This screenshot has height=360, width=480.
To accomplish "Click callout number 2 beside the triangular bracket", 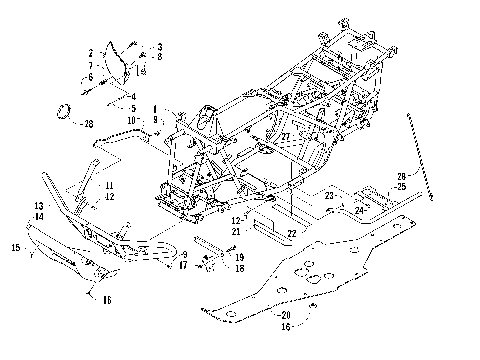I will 91,52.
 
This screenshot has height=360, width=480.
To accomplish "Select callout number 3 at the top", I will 158,47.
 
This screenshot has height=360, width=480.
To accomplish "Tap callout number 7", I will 91,64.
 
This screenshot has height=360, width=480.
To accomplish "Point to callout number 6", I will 91,76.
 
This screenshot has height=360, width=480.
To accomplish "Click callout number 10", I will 132,121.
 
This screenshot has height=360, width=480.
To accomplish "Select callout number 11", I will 137,186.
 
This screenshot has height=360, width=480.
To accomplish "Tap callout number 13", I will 39,205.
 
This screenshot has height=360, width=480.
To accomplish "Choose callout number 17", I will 182,265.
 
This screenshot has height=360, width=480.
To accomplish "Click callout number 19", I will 240,257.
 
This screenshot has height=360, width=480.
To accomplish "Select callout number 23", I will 327,197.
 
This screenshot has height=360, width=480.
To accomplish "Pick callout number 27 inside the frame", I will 286,137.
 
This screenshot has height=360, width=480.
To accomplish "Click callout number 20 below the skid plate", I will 274,315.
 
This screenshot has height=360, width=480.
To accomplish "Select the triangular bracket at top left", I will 126,58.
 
